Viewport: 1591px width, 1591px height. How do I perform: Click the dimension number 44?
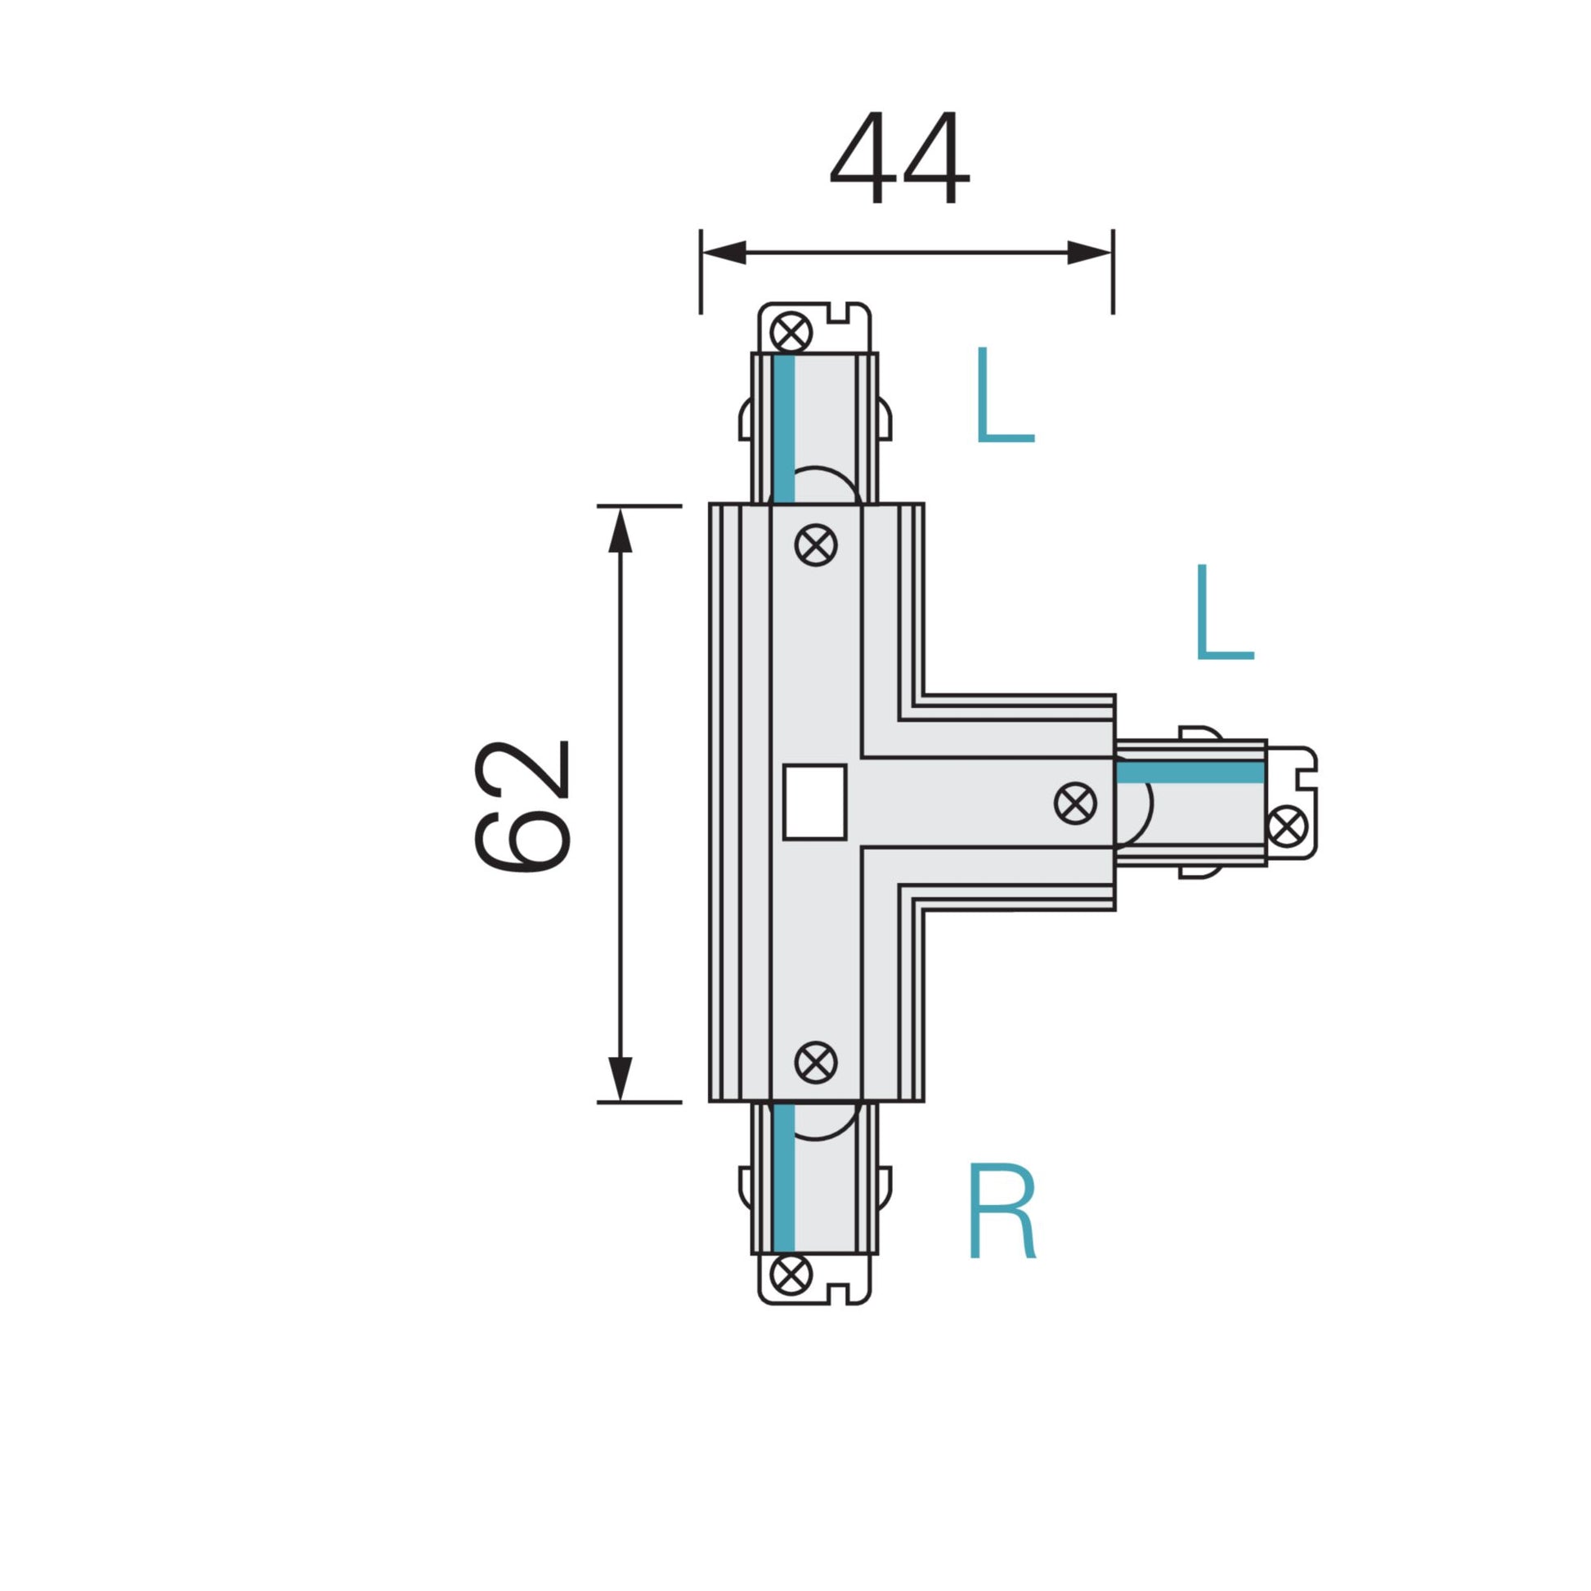point(899,158)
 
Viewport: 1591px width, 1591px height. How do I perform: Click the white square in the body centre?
point(814,802)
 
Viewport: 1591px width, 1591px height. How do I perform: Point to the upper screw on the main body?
point(816,545)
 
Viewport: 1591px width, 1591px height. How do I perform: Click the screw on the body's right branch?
point(1074,803)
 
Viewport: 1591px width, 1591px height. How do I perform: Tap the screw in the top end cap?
point(791,333)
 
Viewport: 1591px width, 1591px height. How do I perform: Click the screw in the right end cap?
point(1287,827)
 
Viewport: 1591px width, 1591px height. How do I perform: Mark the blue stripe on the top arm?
point(784,428)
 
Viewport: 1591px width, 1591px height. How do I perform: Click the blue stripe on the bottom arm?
point(784,1177)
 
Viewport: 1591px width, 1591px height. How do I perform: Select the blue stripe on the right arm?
point(1190,773)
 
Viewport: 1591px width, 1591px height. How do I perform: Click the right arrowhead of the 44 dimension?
point(1089,253)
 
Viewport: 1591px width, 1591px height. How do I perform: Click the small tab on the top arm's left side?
point(746,420)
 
